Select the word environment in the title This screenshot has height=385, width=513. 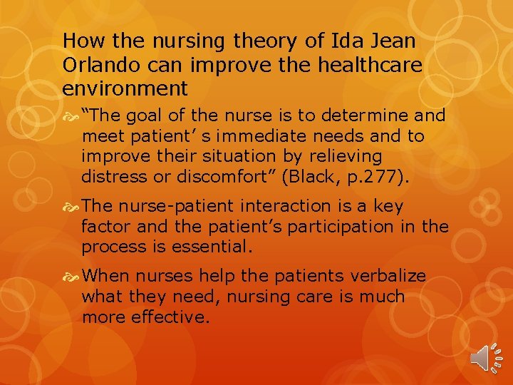coord(125,88)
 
